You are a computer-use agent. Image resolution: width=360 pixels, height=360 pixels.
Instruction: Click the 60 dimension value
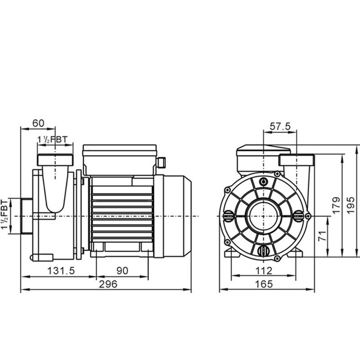click(38, 123)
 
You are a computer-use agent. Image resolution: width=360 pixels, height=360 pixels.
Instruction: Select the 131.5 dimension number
click(61, 271)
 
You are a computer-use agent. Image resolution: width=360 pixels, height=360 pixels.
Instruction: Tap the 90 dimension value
click(122, 271)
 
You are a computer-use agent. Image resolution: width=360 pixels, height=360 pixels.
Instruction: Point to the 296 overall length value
click(108, 284)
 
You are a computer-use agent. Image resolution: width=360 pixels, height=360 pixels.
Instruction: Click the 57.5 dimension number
click(280, 126)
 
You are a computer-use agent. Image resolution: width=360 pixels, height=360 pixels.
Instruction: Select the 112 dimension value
click(264, 271)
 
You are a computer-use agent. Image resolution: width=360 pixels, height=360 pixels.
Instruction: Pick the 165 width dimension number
click(264, 284)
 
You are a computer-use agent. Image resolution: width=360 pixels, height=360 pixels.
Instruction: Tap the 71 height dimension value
click(323, 236)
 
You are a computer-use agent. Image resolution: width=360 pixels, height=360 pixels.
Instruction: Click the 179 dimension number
click(337, 206)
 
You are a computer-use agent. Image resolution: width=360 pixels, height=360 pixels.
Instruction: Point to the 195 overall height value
click(351, 206)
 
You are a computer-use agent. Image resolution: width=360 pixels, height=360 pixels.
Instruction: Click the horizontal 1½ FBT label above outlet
click(53, 139)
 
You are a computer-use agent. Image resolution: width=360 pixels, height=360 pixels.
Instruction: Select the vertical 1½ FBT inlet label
click(4, 215)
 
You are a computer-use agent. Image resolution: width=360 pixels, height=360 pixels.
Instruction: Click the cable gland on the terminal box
click(162, 162)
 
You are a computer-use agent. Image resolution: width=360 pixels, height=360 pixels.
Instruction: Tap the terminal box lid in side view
click(120, 148)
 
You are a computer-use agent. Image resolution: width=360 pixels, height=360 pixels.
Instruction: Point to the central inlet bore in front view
click(264, 216)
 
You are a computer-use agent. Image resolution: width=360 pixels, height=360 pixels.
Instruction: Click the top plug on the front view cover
click(264, 182)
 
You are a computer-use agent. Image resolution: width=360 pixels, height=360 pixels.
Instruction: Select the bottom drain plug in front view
click(263, 251)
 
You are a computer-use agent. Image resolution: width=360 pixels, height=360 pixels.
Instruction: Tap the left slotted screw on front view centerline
click(229, 216)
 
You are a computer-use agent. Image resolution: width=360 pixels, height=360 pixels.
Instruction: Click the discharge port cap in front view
click(297, 160)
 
